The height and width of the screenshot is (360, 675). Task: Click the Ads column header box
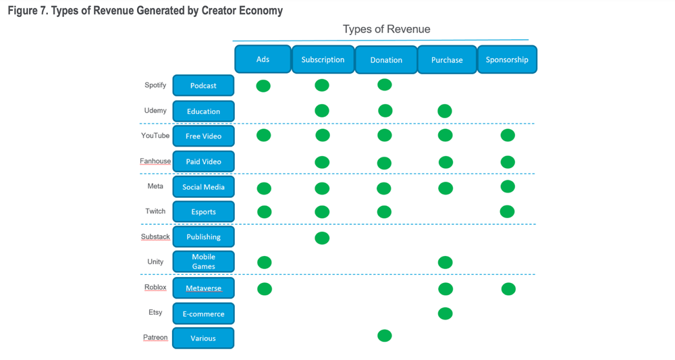(x=263, y=59)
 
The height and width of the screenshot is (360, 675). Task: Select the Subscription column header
(x=323, y=59)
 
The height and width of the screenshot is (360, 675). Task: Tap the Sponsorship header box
(x=507, y=59)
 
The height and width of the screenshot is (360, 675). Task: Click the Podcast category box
(x=203, y=86)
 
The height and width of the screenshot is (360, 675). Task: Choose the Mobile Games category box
(x=203, y=261)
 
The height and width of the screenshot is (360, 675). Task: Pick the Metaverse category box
(x=203, y=288)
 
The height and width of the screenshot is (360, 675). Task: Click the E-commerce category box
(x=203, y=313)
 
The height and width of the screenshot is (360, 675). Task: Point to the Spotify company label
(x=155, y=85)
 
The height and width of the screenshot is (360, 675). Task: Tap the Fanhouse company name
(x=155, y=161)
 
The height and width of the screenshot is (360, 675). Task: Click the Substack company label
(x=155, y=237)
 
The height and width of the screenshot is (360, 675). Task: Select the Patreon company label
(x=155, y=338)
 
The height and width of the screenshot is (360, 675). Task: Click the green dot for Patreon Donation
(x=385, y=336)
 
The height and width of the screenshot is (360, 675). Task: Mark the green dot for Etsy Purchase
(x=445, y=313)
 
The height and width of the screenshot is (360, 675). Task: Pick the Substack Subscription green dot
(x=322, y=238)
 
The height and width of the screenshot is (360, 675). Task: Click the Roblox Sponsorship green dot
(x=508, y=289)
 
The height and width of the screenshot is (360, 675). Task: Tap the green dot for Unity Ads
(x=265, y=262)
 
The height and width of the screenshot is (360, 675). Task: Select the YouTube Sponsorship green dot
(x=508, y=136)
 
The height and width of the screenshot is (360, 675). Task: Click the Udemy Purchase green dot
(x=445, y=111)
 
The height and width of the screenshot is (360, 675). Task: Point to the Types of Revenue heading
(x=386, y=29)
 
